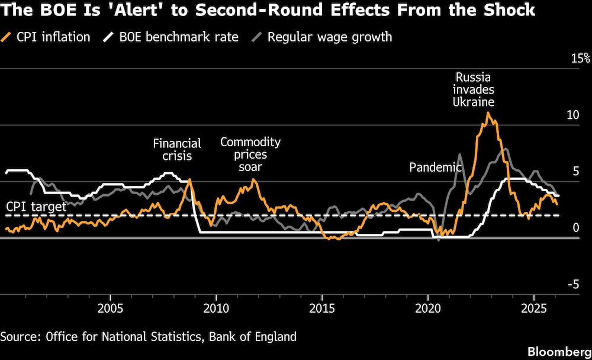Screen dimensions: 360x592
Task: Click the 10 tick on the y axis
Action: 572,115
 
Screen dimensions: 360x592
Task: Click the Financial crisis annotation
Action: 177,150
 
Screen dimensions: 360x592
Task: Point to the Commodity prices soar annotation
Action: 250,155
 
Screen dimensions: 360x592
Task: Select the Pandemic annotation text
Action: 435,168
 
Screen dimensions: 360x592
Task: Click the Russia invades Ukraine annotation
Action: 473,89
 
